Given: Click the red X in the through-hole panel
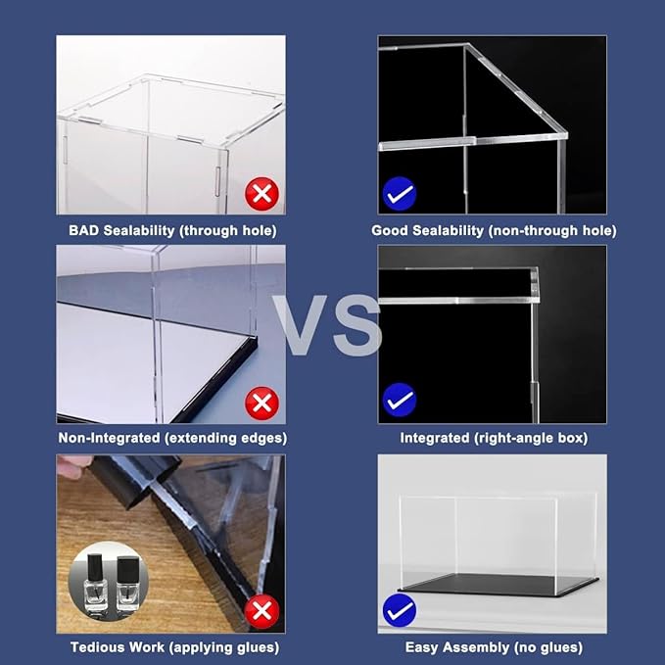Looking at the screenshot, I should coord(262,195).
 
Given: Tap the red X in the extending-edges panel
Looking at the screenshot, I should coord(262,403).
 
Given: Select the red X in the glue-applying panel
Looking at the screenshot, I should coord(262,612).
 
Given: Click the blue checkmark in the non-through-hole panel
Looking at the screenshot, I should coord(399,195).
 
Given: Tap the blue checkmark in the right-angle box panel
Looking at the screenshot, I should coord(399,401).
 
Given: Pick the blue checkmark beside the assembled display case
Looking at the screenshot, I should coord(399,611).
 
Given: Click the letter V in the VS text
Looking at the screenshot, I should coord(303,327).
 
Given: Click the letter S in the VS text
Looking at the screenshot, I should coord(356,327).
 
